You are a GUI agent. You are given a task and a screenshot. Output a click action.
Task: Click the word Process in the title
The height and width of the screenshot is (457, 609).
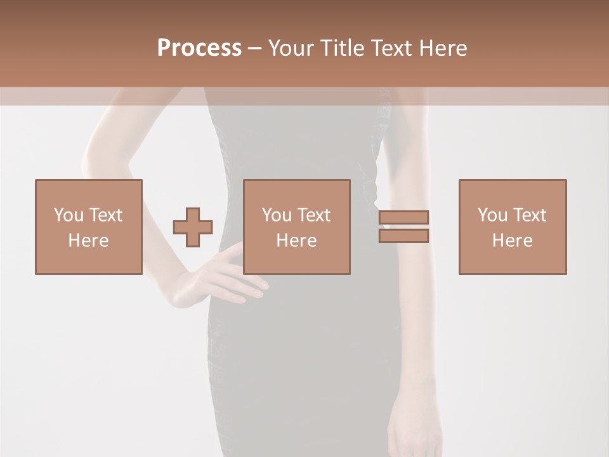click(199, 48)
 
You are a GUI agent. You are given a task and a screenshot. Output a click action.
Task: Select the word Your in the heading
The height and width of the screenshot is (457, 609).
click(291, 48)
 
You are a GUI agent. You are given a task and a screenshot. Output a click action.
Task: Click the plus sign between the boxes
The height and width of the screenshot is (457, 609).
click(193, 227)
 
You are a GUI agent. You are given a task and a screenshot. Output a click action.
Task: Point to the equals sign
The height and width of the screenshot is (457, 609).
click(403, 227)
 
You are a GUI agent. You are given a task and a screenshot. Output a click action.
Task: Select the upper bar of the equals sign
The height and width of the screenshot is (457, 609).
click(403, 218)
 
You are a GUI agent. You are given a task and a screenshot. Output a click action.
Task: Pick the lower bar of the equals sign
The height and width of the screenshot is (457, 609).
click(403, 235)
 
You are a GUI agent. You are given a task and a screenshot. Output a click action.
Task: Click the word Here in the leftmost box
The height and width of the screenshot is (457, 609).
click(88, 241)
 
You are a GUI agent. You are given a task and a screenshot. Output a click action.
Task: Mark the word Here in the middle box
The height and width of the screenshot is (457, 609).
click(296, 241)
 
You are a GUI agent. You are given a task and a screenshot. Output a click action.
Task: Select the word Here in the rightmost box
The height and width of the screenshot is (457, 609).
click(512, 241)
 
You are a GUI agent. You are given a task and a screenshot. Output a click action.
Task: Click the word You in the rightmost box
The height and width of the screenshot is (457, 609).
click(492, 215)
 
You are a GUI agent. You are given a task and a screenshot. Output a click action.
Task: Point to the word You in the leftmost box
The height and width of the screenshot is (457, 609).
click(69, 215)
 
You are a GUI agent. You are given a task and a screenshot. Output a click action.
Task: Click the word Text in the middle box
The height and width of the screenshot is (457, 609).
click(314, 215)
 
